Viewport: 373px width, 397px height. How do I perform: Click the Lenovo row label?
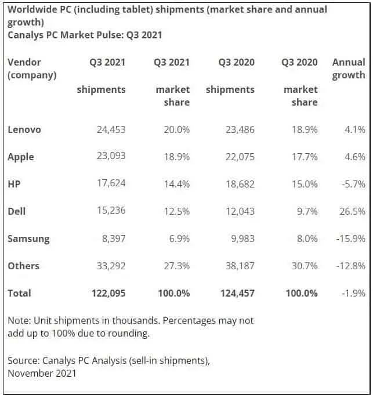click(24, 129)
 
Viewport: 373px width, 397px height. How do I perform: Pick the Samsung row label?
click(28, 239)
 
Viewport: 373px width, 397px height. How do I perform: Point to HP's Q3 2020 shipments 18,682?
click(240, 184)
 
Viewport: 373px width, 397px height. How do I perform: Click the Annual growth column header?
click(349, 68)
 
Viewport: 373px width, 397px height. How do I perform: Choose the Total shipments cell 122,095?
click(106, 293)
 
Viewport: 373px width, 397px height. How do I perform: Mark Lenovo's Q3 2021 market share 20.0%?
click(176, 129)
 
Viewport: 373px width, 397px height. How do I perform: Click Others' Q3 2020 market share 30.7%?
click(303, 266)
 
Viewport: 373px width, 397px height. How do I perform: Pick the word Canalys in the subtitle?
click(26, 35)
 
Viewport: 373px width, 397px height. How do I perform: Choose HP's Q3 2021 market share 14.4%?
click(176, 184)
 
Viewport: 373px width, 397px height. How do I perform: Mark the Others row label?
click(24, 266)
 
